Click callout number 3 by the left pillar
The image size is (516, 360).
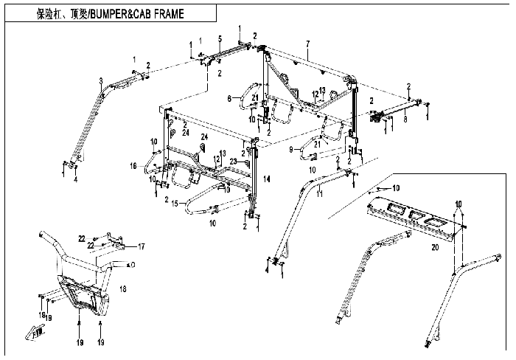pos(100,80)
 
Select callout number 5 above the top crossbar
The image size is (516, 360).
pos(220,38)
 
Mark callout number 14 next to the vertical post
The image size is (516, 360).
pos(267,179)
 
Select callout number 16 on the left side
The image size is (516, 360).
pos(134,167)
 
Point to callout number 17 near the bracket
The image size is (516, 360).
pos(142,246)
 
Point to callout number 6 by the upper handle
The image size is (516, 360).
pos(229,98)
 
